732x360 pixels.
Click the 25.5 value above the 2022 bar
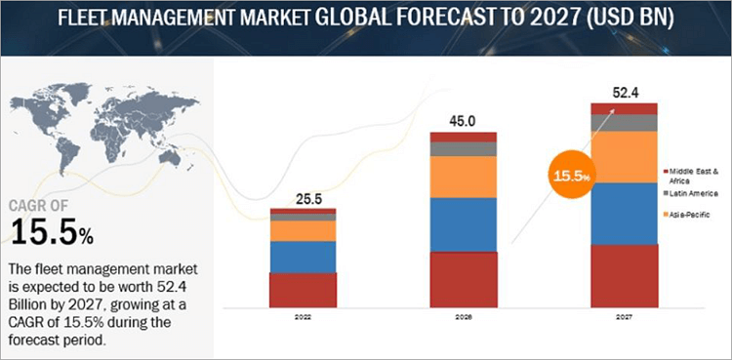pos(303,198)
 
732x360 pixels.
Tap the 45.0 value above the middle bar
pos(464,121)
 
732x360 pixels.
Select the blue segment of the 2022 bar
pos(303,257)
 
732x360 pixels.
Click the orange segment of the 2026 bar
pos(464,177)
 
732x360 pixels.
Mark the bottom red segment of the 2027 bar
pos(624,275)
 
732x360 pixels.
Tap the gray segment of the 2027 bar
pos(624,123)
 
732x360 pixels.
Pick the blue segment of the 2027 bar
pos(624,213)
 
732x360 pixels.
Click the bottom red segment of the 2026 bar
pos(464,279)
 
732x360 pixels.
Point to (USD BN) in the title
pos(636,19)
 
